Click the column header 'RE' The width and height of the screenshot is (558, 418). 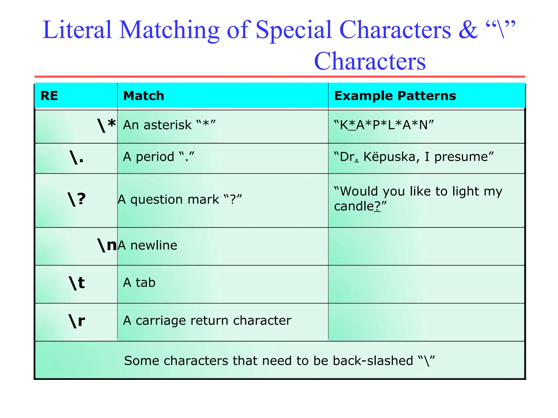pyautogui.click(x=49, y=96)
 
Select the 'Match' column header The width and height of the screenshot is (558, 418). pyautogui.click(x=144, y=96)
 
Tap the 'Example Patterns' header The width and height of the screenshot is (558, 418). pyautogui.click(x=395, y=96)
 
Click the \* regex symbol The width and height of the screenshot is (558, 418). pyautogui.click(x=107, y=125)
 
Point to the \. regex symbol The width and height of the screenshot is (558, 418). pyautogui.click(x=77, y=157)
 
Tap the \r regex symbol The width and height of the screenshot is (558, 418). pyautogui.click(x=77, y=321)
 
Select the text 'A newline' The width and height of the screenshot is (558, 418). pyautogui.click(x=147, y=245)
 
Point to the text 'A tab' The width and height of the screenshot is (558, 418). pyautogui.click(x=139, y=282)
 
